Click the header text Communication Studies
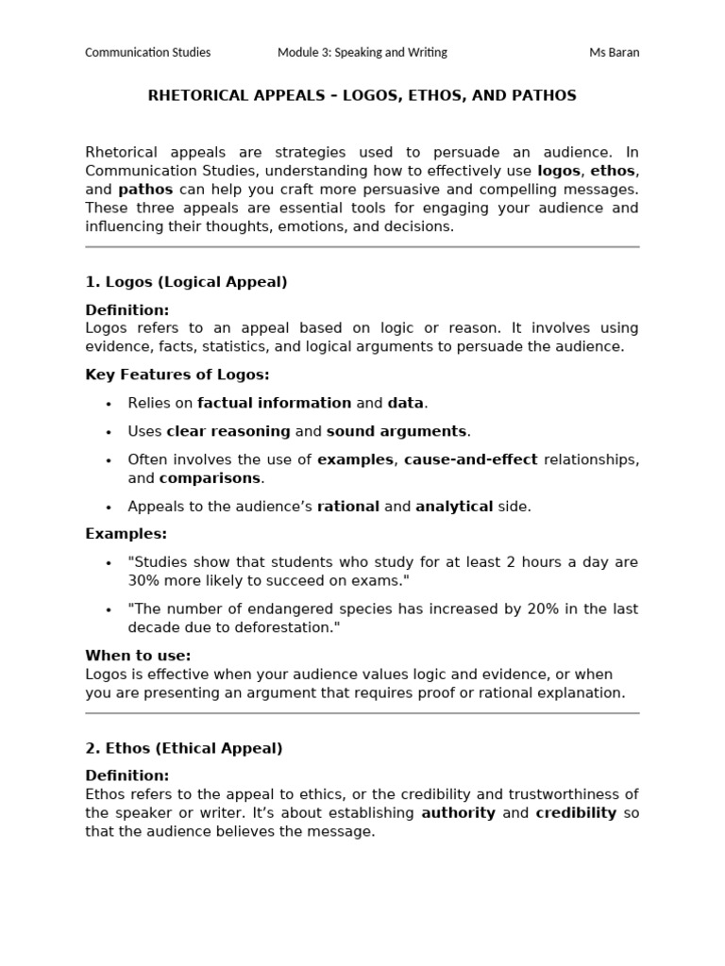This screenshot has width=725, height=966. [148, 53]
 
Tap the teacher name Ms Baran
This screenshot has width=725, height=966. [614, 53]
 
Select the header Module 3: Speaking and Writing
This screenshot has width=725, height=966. [362, 53]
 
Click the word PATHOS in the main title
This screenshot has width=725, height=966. [544, 96]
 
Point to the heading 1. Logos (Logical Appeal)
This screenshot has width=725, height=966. [186, 282]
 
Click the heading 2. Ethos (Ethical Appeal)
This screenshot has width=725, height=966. [184, 749]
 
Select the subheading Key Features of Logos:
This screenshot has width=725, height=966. [177, 375]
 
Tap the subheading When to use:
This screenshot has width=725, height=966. [138, 656]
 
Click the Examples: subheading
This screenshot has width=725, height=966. [126, 534]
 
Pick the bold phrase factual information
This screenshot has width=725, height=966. [274, 403]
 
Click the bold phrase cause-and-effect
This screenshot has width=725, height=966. [470, 459]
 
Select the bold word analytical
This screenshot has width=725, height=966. [454, 507]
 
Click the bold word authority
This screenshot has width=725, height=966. [458, 813]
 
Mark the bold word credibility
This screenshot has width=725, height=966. [576, 813]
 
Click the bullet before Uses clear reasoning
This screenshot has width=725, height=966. [109, 432]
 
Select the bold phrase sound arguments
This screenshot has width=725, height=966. [396, 431]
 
